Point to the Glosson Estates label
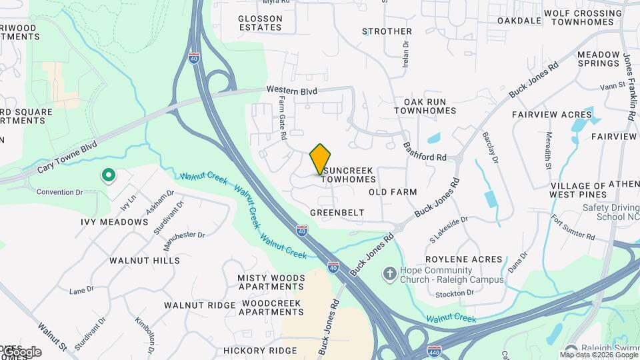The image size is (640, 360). (260, 22)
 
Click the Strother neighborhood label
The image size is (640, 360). (387, 31)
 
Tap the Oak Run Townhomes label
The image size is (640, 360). (425, 106)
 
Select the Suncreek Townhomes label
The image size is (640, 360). (349, 175)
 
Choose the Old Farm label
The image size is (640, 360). (393, 192)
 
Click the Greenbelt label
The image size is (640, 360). (337, 213)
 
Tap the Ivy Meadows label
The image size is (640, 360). (115, 222)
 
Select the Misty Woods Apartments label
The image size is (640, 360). (271, 282)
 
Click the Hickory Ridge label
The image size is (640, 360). (260, 351)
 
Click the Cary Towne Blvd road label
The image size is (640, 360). (67, 157)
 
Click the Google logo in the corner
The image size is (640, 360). (21, 352)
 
